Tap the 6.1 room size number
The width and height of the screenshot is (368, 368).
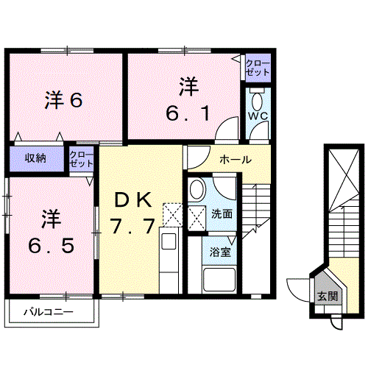pyautogui.click(x=188, y=113)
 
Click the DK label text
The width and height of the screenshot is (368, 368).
pyautogui.click(x=133, y=199)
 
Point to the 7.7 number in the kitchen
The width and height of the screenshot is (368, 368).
pyautogui.click(x=133, y=225)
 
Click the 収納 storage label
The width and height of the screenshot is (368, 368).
pyautogui.click(x=35, y=158)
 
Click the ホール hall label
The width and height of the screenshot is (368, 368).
pyautogui.click(x=236, y=159)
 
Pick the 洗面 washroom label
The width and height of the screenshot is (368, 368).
pyautogui.click(x=222, y=214)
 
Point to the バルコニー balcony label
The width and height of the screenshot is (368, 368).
pyautogui.click(x=48, y=312)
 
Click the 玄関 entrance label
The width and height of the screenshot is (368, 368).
pyautogui.click(x=328, y=297)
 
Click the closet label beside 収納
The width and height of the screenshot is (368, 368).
pyautogui.click(x=79, y=158)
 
